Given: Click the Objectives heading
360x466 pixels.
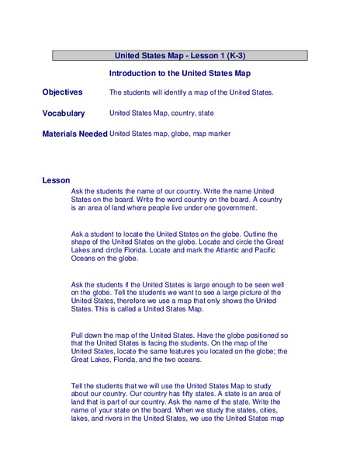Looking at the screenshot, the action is pos(62,92).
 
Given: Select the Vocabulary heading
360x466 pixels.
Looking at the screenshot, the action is pos(64,113).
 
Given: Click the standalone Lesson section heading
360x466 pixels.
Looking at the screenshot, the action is pos(56,180).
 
